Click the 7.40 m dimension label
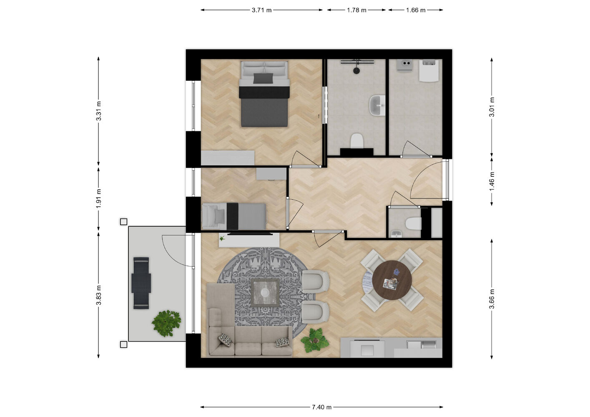pyautogui.click(x=321, y=407)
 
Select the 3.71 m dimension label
pyautogui.click(x=261, y=10)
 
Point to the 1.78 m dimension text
pyautogui.click(x=357, y=10)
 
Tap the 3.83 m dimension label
pyautogui.click(x=98, y=295)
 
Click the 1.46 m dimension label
pyautogui.click(x=492, y=181)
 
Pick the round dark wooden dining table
pyautogui.click(x=392, y=280)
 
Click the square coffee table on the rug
pyautogui.click(x=265, y=292)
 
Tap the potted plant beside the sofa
pyautogui.click(x=315, y=340)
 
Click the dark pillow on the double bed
pyautogui.click(x=263, y=78)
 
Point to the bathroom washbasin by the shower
pyautogui.click(x=377, y=106)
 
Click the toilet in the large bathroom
pyautogui.click(x=357, y=141)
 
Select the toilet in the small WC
pyautogui.click(x=413, y=224)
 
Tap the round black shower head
pyautogui.click(x=357, y=70)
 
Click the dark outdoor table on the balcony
pyautogui.click(x=141, y=283)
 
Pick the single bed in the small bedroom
pyautogui.click(x=234, y=216)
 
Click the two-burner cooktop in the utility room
pyautogui.click(x=404, y=65)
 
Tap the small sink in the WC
pyautogui.click(x=397, y=234)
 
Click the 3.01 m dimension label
pyautogui.click(x=492, y=107)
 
